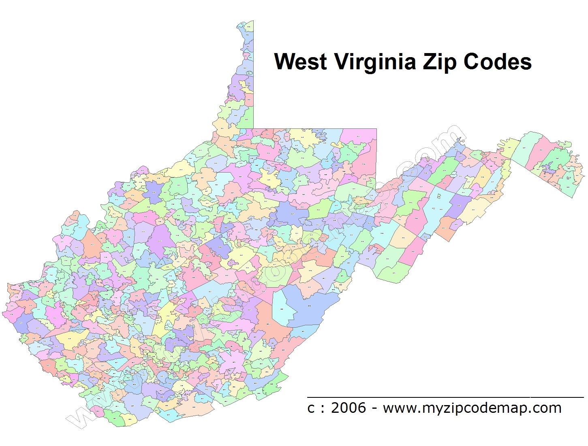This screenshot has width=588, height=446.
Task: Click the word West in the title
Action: pyautogui.click(x=300, y=62)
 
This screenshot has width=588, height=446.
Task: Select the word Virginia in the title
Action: pyautogui.click(x=375, y=62)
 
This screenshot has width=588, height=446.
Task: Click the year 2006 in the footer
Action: pyautogui.click(x=348, y=408)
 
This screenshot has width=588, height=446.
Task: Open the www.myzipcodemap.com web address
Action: pyautogui.click(x=472, y=408)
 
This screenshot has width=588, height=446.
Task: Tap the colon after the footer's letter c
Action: pyautogui.click(x=322, y=408)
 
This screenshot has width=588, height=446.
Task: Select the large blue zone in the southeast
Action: pyautogui.click(x=312, y=304)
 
